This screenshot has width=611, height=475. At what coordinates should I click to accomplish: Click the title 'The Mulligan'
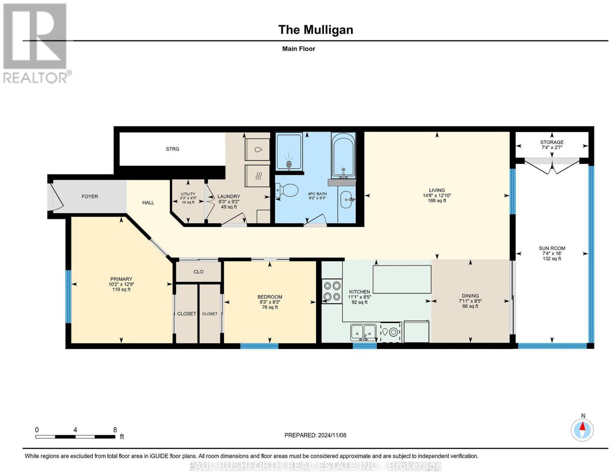tap(315, 30)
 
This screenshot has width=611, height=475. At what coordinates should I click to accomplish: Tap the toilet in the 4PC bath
tap(286, 191)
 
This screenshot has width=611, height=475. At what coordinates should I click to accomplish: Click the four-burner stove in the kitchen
tap(332, 291)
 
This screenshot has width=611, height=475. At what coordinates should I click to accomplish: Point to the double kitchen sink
tap(363, 332)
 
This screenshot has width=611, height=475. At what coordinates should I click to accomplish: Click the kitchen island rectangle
tap(402, 279)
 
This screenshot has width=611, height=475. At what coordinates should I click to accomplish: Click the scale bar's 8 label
tap(115, 430)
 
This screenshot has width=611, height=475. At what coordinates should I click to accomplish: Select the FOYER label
tap(90, 196)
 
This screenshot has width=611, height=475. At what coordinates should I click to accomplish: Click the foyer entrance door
tap(56, 196)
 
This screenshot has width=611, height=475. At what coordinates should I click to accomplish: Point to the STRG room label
tap(172, 149)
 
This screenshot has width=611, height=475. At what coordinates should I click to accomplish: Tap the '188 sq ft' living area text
tap(436, 201)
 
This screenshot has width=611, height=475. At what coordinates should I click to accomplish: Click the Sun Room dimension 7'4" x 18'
tap(552, 253)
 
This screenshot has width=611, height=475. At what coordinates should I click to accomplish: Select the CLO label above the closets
tap(198, 272)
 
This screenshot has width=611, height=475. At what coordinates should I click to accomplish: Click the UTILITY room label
tap(188, 194)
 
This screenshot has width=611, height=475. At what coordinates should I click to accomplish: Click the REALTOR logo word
tap(36, 78)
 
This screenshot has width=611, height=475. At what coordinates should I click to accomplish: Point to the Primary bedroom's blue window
tap(68, 297)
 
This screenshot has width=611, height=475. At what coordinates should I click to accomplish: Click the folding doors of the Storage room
tap(552, 166)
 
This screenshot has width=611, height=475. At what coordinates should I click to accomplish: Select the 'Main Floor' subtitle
tap(299, 49)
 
